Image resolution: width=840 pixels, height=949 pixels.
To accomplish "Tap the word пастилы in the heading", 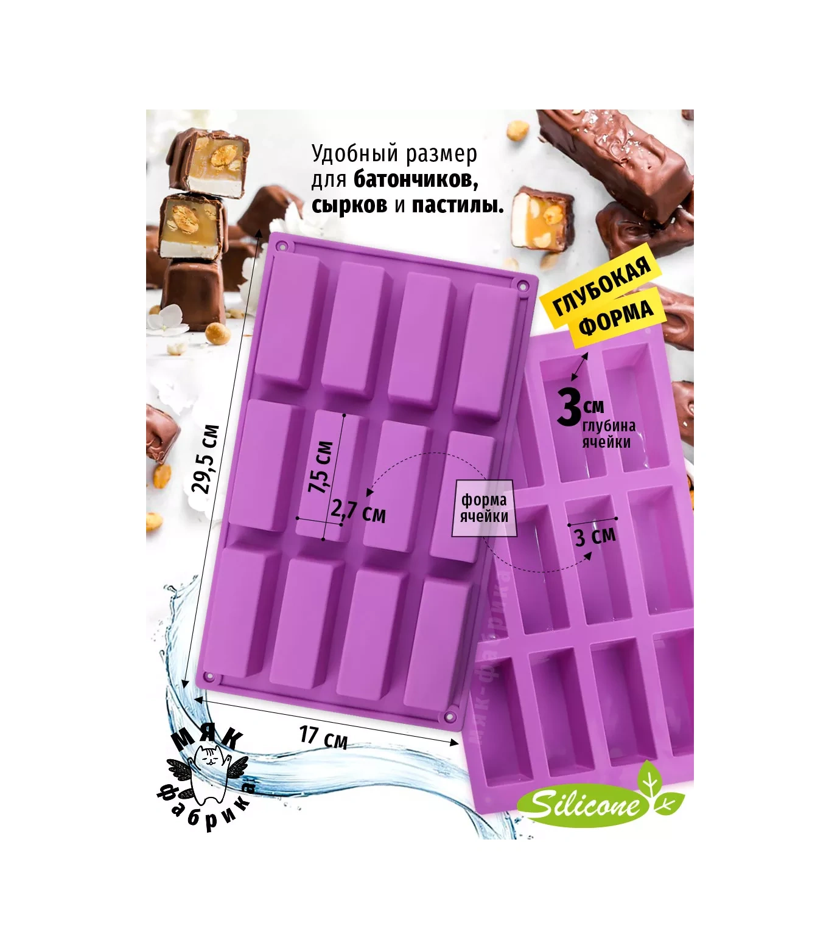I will coord(458,205).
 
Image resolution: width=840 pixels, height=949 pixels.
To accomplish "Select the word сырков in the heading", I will coord(349,205).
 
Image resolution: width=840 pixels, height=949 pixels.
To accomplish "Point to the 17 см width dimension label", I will coord(323,737).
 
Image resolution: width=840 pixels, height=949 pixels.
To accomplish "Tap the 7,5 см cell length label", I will coord(321,467).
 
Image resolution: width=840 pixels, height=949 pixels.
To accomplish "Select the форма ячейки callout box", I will coord(484,509).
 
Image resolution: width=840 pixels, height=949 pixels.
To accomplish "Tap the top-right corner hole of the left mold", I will coord(522,285).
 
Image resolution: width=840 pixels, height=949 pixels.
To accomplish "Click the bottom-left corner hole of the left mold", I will coord(210,676).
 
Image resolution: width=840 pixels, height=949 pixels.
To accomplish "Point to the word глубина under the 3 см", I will coord(609,426).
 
